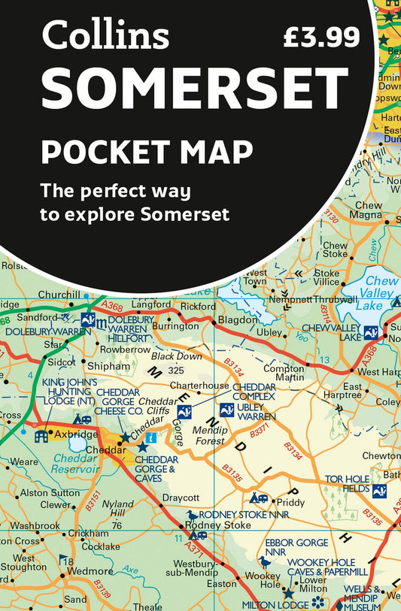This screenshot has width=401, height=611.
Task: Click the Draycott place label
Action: pos(181,498)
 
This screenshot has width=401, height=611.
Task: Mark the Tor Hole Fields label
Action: pos(348,483)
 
